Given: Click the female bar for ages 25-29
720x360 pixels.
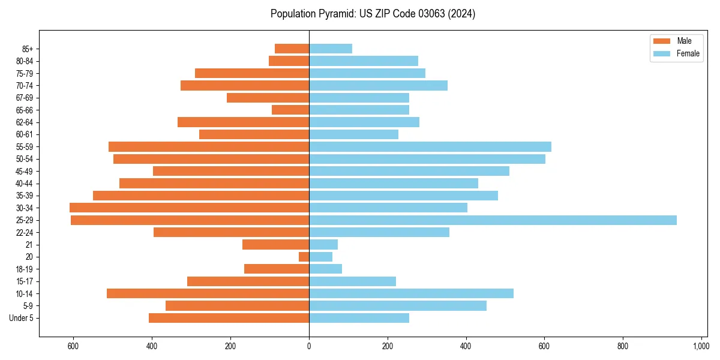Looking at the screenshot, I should click(493, 220).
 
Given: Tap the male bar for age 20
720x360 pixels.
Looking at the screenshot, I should click(304, 257).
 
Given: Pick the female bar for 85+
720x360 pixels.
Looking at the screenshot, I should click(331, 49).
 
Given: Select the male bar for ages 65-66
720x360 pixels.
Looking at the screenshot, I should click(290, 110).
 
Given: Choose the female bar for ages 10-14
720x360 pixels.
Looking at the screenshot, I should click(411, 293).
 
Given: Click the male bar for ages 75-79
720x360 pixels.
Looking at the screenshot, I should click(252, 73).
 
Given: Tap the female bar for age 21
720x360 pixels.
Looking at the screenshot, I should click(323, 245).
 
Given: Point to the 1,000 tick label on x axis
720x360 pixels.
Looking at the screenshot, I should click(701, 347).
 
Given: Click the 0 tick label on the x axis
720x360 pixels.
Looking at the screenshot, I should click(309, 347).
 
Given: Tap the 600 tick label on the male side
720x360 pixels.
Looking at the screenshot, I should click(73, 347).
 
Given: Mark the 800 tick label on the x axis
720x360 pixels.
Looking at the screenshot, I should click(623, 347).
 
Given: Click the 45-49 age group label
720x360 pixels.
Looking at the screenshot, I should click(25, 171).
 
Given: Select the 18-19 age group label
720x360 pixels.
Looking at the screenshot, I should click(25, 269).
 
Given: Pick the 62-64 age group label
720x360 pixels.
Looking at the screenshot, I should click(25, 122).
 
